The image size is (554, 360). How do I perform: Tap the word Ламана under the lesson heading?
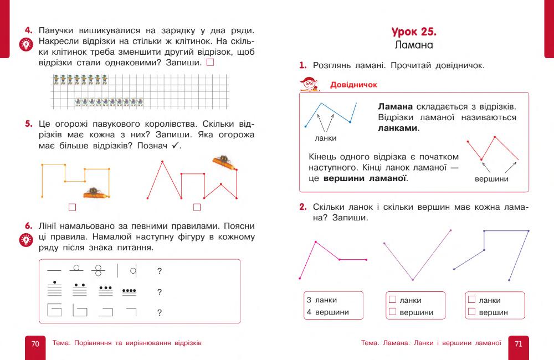pyautogui.click(x=414, y=44)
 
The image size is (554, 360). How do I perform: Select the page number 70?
pyautogui.click(x=35, y=343)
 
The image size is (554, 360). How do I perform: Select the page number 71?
pyautogui.click(x=519, y=343)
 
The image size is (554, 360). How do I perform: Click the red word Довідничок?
pyautogui.click(x=353, y=85)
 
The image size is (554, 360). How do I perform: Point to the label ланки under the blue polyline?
pyautogui.click(x=325, y=138)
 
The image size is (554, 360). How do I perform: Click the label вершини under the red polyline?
pyautogui.click(x=491, y=179)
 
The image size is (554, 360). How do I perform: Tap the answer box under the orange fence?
pyautogui.click(x=71, y=208)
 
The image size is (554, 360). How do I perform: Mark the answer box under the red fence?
pyautogui.click(x=197, y=208)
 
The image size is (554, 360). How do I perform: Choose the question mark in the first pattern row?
pyautogui.click(x=160, y=271)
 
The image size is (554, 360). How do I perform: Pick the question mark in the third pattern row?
pyautogui.click(x=160, y=313)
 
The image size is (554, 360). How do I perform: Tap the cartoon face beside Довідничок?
pyautogui.click(x=310, y=84)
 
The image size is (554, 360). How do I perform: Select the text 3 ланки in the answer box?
pyautogui.click(x=322, y=300)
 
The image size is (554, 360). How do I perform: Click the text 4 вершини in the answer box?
pyautogui.click(x=328, y=312)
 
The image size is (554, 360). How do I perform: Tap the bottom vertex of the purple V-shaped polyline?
pyautogui.click(x=412, y=280)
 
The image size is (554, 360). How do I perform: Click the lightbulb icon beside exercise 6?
pyautogui.click(x=25, y=240)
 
